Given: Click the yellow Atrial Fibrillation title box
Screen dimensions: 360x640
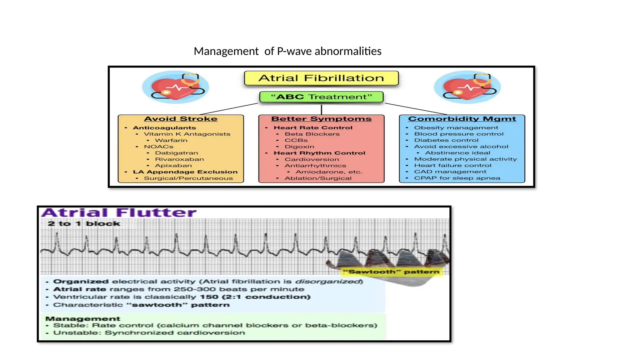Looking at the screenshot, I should [321, 78].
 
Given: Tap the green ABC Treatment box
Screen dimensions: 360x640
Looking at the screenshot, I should [321, 97].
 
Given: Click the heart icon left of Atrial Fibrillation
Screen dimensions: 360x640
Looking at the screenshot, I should [176, 87].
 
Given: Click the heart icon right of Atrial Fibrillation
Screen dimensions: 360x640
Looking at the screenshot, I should [467, 87].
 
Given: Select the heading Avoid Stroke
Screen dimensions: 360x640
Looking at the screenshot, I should [181, 119].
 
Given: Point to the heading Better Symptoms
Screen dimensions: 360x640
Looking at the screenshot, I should [321, 119].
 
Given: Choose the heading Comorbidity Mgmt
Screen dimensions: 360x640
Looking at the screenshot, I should [462, 119].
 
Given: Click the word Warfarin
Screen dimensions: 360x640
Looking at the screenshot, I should [171, 140].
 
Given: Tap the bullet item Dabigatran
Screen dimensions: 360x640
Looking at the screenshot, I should [177, 153].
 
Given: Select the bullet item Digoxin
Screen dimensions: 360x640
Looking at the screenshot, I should [299, 147].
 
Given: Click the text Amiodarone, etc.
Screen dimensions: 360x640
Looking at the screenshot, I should [329, 172].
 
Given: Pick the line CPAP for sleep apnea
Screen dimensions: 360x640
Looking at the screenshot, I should [457, 178].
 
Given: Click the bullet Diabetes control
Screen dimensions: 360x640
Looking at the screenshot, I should [446, 140].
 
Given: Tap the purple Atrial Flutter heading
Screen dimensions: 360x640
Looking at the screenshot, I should [119, 213].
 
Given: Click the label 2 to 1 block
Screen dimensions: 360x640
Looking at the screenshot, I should [84, 224].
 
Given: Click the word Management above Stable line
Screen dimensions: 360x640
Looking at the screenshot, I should [83, 319].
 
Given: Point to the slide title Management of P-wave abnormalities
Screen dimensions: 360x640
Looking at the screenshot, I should [287, 51].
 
